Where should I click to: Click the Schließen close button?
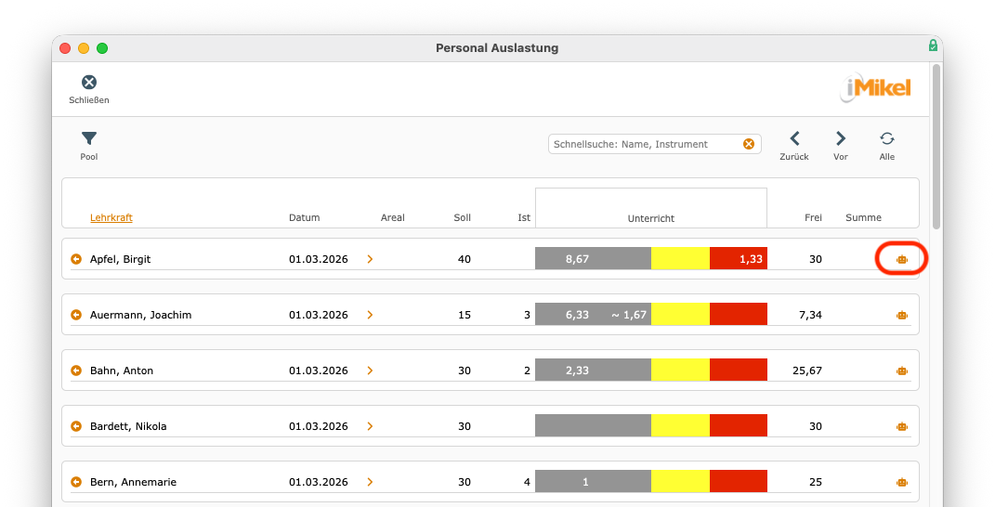[x=89, y=83]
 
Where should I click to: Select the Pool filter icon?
[x=89, y=138]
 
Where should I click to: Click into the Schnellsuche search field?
[x=644, y=144]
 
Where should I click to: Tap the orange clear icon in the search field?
[x=749, y=144]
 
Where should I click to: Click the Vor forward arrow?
[x=841, y=138]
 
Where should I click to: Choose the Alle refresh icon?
[x=887, y=138]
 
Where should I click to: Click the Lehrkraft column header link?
[x=111, y=217]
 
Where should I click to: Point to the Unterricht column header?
[x=651, y=218]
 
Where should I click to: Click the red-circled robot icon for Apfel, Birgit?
[x=902, y=259]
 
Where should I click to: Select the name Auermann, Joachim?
[x=141, y=315]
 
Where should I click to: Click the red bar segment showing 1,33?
[x=738, y=259]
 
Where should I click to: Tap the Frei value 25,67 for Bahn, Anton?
[x=807, y=370]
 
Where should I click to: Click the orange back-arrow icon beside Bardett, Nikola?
[x=76, y=426]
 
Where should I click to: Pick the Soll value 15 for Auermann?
[x=465, y=315]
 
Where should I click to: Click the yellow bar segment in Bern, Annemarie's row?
[x=680, y=482]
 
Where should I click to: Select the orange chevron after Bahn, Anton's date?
[x=370, y=370]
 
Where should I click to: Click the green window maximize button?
[x=102, y=48]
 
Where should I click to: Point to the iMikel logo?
[x=877, y=87]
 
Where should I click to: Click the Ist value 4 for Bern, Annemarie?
[x=527, y=482]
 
